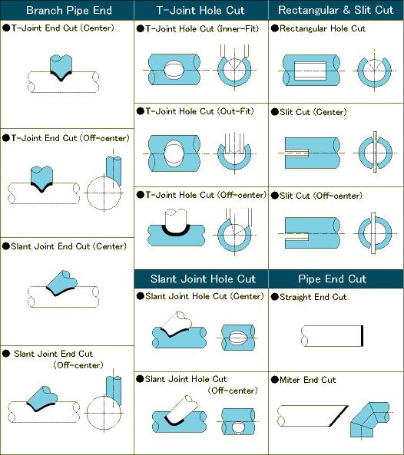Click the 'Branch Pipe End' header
pyautogui.click(x=69, y=11)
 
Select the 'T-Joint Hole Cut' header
pyautogui.click(x=200, y=11)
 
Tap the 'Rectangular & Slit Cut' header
pyautogui.click(x=336, y=10)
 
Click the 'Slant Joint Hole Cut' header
pyautogui.click(x=203, y=279)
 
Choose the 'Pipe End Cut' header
pyautogui.click(x=333, y=279)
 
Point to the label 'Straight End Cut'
pyautogui.click(x=313, y=297)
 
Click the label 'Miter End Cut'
pyautogui.click(x=307, y=380)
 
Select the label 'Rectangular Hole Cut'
pyautogui.click(x=323, y=28)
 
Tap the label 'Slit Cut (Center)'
pyautogui.click(x=313, y=112)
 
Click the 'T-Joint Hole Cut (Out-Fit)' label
pyautogui.click(x=200, y=111)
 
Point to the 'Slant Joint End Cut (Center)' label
pyautogui.click(x=69, y=246)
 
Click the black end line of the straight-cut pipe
pyautogui.click(x=362, y=336)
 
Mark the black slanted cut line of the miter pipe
pyautogui.click(x=339, y=416)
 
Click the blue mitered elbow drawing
pyautogui.click(x=369, y=419)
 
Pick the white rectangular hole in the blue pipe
pyautogui.click(x=310, y=71)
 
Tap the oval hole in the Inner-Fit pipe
pyautogui.click(x=174, y=70)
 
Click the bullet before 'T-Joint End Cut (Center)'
pyautogui.click(x=6, y=28)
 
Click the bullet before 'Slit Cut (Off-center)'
pyautogui.click(x=275, y=196)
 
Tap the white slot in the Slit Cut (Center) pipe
pyautogui.click(x=296, y=153)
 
